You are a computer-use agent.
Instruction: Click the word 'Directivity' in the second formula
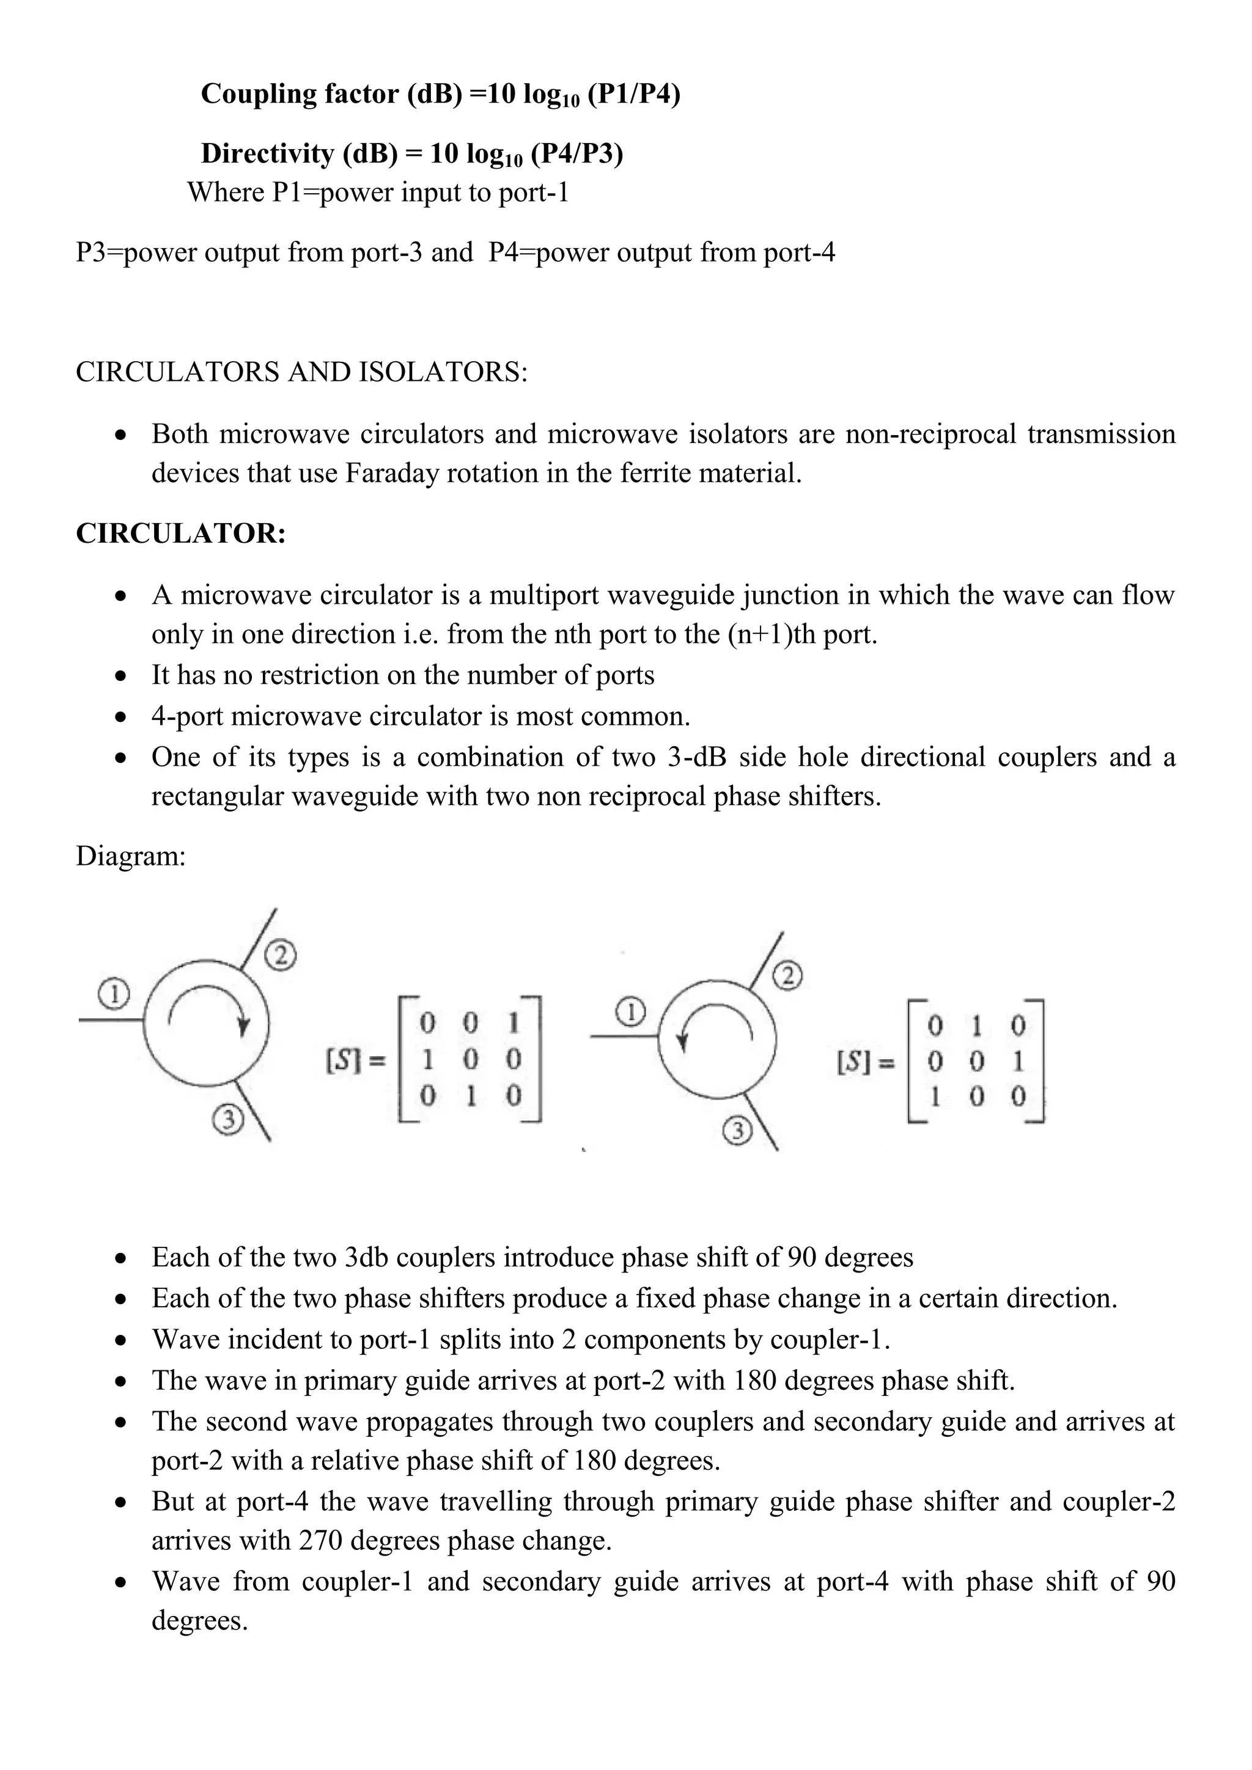tap(267, 154)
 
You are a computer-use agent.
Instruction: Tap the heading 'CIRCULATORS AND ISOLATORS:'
tap(301, 372)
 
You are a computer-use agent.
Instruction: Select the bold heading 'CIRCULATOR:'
tap(181, 534)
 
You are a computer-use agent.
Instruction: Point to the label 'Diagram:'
tap(131, 856)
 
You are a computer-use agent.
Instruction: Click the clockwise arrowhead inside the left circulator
tap(244, 1027)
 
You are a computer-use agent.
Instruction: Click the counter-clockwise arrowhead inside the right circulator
tap(682, 1042)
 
